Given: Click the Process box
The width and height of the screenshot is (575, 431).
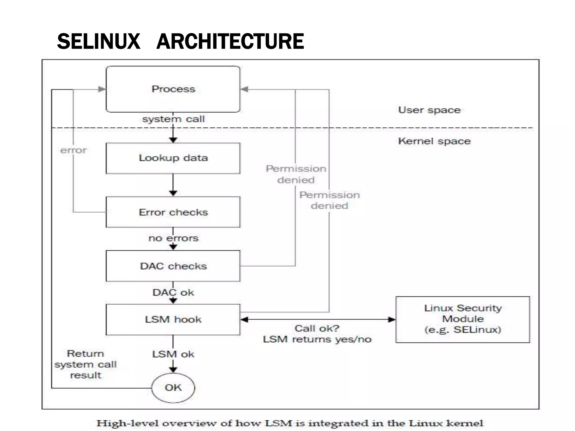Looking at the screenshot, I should [173, 89].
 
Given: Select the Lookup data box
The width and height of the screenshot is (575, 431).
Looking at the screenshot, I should [173, 158].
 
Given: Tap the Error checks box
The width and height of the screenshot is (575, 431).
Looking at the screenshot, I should [173, 212].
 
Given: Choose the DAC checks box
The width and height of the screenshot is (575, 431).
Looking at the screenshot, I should [173, 266].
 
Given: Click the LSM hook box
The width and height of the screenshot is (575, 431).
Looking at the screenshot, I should [173, 320].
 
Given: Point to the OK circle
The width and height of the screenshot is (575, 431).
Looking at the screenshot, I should [173, 388].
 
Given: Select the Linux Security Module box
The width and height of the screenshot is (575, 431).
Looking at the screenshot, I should [462, 319].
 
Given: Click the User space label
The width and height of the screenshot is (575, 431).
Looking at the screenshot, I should [429, 110].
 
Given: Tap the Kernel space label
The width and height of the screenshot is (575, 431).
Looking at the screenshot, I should [434, 141].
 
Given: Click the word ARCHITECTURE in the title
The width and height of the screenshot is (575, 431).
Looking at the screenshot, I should [230, 41].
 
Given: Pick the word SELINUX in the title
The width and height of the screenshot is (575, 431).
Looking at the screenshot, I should [99, 41].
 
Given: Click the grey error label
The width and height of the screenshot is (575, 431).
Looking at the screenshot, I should [73, 150].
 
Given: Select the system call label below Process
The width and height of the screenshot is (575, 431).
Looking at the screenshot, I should [173, 119].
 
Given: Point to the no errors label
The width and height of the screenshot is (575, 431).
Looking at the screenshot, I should [173, 238].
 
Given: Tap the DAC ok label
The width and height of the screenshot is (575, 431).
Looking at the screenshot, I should [173, 292].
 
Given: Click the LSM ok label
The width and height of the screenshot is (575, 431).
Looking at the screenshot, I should [173, 354].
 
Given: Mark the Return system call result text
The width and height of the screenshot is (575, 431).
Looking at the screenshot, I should [85, 364].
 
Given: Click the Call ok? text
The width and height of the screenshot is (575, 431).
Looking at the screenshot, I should [317, 328].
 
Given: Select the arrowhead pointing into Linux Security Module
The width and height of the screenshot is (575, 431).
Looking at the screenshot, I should [392, 319].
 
